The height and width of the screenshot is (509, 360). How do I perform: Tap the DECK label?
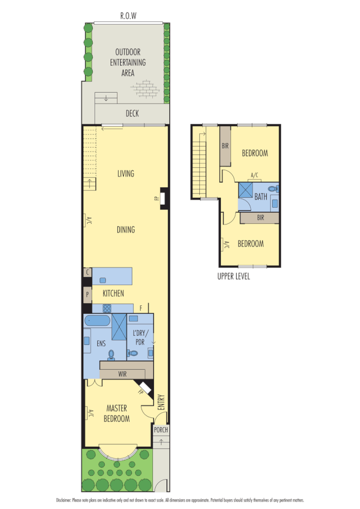[132, 114]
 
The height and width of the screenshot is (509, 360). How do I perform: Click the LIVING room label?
[126, 174]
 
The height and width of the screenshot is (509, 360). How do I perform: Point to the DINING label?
[126, 230]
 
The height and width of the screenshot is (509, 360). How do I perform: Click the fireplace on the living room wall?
[163, 199]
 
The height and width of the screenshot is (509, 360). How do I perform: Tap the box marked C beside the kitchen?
[87, 273]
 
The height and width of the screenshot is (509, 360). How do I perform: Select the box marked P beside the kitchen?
[87, 295]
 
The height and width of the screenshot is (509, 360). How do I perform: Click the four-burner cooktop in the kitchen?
[106, 308]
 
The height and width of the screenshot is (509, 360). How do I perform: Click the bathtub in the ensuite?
[97, 321]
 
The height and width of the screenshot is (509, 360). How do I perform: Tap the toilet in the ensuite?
[112, 355]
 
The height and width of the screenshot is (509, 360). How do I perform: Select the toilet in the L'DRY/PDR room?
[133, 353]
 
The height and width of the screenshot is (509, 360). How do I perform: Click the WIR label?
[122, 374]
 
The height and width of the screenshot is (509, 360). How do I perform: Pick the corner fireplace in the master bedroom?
[145, 388]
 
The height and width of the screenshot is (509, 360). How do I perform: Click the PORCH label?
[161, 429]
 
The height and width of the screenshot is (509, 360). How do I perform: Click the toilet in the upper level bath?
[272, 188]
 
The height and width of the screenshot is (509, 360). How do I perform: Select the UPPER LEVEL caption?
[233, 277]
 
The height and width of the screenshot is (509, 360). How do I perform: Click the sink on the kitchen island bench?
[103, 280]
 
